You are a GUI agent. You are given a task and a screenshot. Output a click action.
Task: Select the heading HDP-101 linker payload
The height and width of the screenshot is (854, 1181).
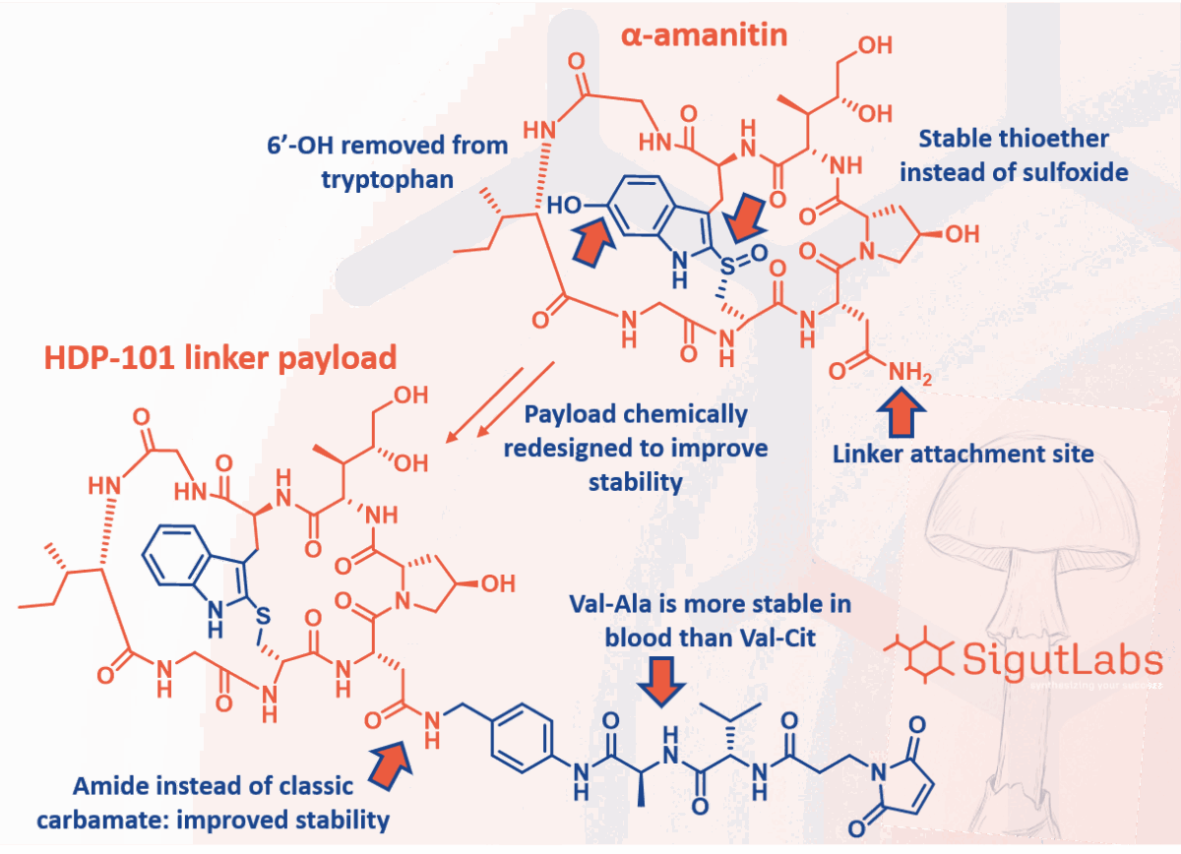click(219, 357)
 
